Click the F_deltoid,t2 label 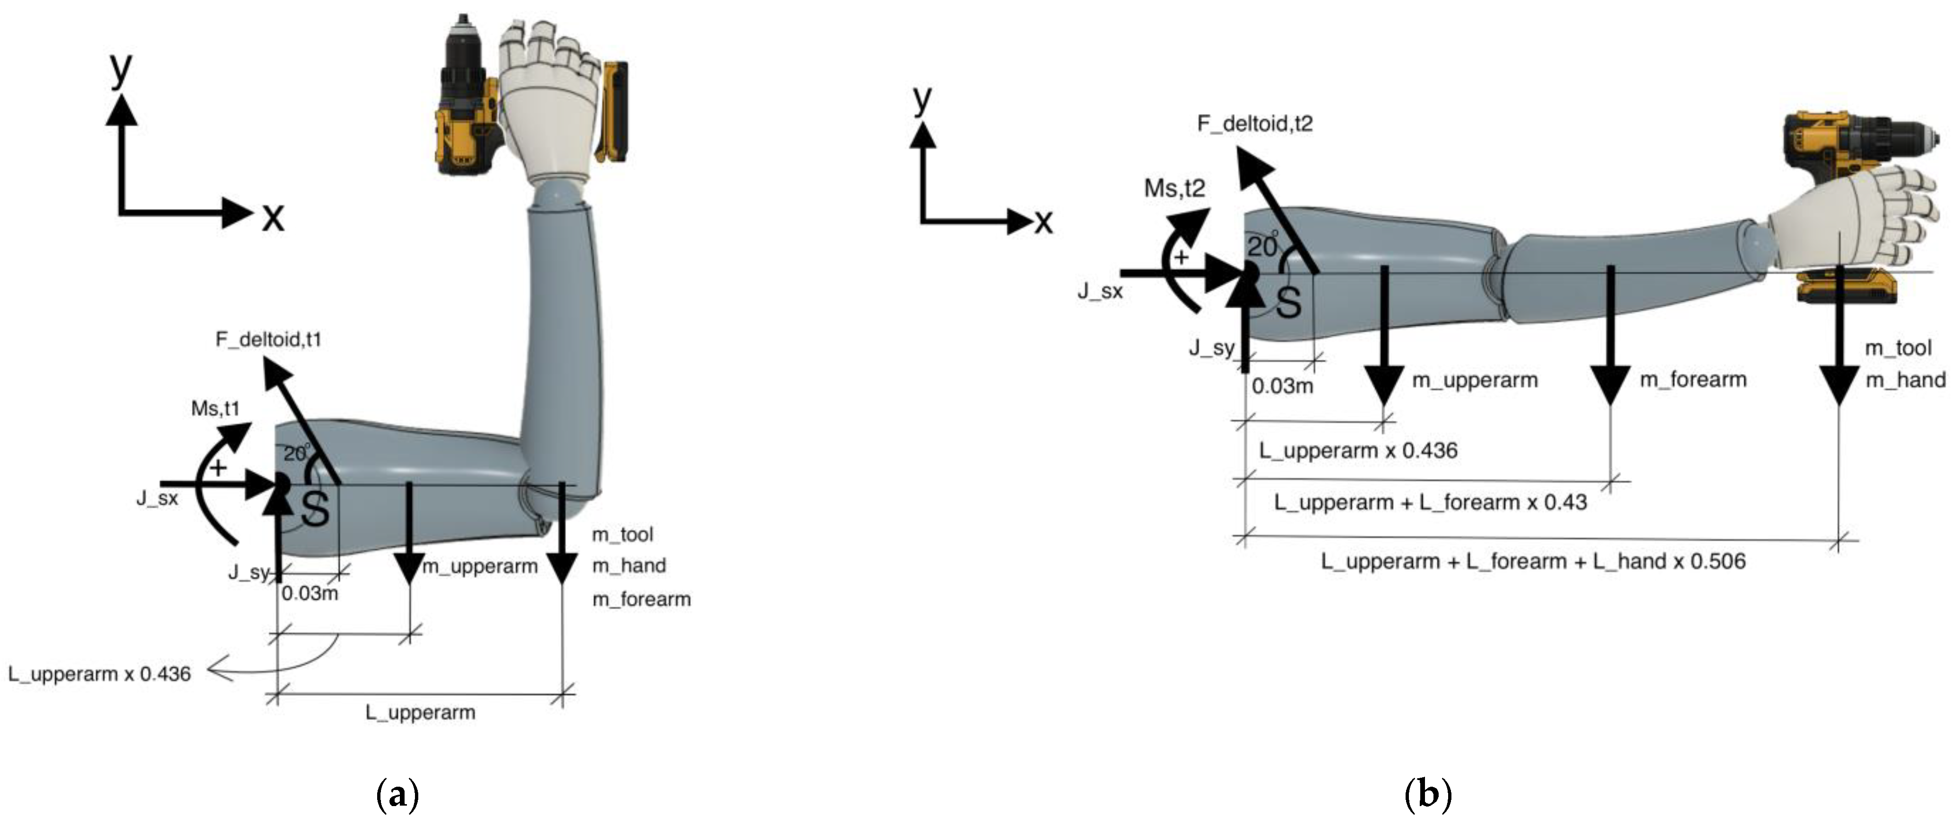[x=1254, y=123]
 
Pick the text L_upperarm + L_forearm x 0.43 [x=1430, y=502]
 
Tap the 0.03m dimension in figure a [x=310, y=593]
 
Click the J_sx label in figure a [x=157, y=498]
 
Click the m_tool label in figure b [x=1898, y=348]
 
